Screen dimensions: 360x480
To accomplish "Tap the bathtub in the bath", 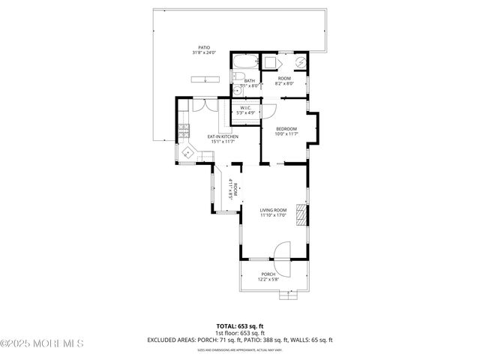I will (244, 61).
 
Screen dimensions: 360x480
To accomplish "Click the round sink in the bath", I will (243, 88).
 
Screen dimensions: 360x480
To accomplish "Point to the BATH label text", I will (249, 81).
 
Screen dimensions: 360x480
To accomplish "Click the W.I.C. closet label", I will (244, 108).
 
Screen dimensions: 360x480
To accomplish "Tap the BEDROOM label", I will (286, 128).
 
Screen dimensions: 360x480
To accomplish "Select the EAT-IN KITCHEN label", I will (223, 136).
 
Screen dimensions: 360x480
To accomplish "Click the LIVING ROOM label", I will (273, 210).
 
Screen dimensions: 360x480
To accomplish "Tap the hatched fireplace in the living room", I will (301, 215).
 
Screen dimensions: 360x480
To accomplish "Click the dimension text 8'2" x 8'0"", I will (285, 85).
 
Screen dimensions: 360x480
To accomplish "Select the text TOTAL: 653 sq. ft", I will (240, 325).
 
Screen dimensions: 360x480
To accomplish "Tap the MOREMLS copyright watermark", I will (42, 344).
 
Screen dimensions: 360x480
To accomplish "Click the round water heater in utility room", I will (300, 61).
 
